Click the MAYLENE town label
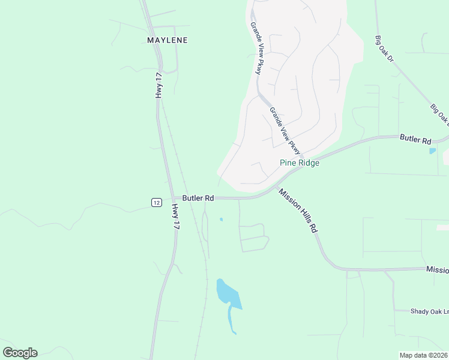tap(167, 40)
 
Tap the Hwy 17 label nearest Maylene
tap(159, 85)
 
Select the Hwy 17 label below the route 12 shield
tap(176, 217)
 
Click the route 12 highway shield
tap(156, 203)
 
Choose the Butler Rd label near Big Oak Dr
tap(415, 140)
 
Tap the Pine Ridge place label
tap(300, 163)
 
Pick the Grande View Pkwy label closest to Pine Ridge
tap(285, 130)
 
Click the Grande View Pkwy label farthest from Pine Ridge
tap(256, 49)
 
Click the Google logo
tap(20, 353)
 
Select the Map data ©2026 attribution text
tap(423, 355)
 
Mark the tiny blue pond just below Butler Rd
tap(221, 220)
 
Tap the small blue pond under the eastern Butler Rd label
tap(433, 151)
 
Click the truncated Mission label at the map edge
tap(437, 270)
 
